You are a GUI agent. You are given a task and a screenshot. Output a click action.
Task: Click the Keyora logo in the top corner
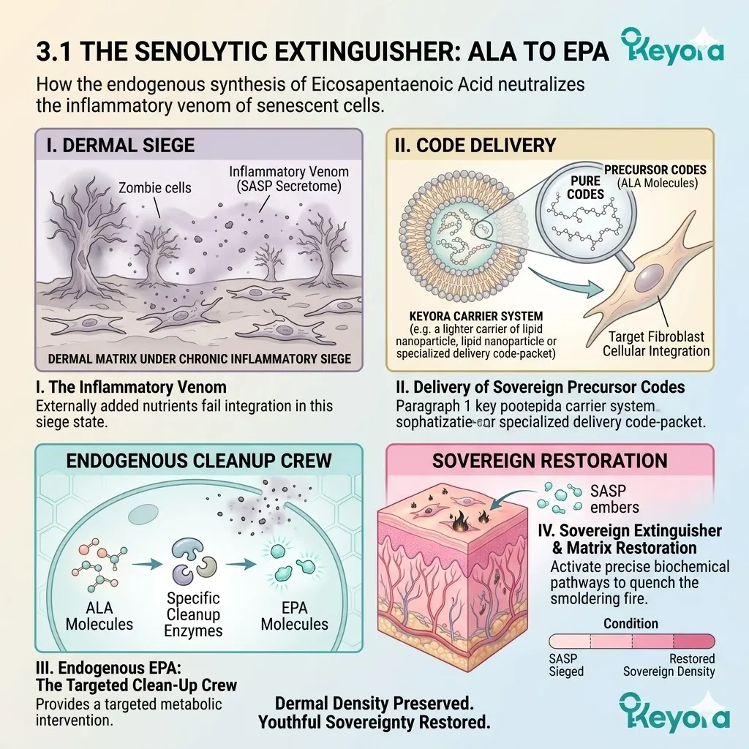[673, 46]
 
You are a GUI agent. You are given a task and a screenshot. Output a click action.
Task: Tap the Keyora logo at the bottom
[674, 711]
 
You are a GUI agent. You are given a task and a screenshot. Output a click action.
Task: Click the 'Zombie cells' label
[155, 188]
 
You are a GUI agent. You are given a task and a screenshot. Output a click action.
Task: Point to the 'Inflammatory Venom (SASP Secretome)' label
[288, 178]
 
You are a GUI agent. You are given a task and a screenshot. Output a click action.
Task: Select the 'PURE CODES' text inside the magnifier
[585, 187]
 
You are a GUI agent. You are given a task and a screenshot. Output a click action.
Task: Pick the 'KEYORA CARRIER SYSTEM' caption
[475, 316]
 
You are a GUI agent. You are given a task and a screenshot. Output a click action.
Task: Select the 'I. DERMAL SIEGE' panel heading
[121, 146]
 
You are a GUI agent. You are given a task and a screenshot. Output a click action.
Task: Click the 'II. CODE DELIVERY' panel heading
[475, 146]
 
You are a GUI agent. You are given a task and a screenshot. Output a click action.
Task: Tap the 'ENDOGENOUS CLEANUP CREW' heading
[199, 461]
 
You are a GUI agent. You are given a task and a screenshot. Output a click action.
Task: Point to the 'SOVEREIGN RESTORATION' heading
[550, 461]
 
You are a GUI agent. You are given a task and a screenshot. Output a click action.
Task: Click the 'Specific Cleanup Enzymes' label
[193, 614]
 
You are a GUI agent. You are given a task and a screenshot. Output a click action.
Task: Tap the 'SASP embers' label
[614, 499]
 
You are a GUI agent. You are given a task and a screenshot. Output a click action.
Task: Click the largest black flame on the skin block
[460, 522]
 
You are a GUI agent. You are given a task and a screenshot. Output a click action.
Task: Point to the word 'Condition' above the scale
[631, 623]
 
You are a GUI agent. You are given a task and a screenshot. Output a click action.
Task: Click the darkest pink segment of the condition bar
[693, 641]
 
